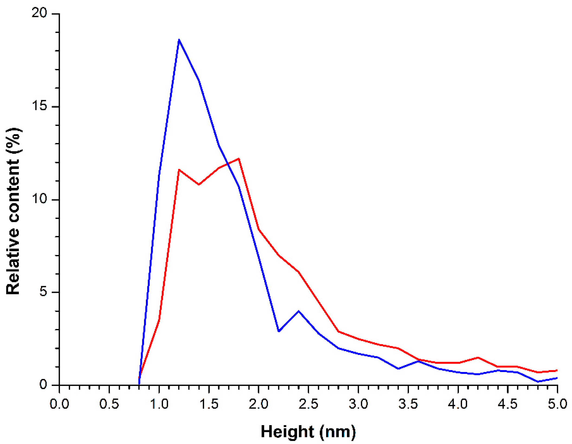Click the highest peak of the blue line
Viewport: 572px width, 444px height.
(179, 40)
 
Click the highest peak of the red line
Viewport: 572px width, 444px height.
(239, 159)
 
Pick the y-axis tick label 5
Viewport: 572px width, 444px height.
(44, 292)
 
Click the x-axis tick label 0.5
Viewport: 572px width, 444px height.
(109, 404)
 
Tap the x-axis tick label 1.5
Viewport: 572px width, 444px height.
(209, 404)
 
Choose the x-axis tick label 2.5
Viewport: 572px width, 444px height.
(308, 404)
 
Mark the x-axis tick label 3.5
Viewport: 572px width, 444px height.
(408, 404)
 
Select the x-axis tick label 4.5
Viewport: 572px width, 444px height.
(508, 404)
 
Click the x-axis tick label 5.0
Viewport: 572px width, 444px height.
(557, 404)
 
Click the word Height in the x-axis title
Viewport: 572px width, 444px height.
(286, 432)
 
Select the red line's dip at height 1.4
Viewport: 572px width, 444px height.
(199, 185)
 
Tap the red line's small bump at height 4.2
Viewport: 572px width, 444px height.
(478, 357)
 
